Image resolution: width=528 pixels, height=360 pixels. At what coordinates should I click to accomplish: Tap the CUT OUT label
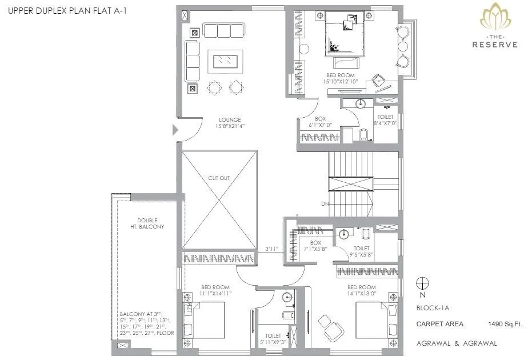click(218, 178)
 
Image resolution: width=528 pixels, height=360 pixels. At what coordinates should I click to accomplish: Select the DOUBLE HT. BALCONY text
click(150, 223)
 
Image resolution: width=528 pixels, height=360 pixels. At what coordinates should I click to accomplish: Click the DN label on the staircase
click(324, 204)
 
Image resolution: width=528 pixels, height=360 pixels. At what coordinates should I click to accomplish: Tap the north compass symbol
click(422, 283)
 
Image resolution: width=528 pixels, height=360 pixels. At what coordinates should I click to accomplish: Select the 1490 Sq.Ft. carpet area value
click(506, 324)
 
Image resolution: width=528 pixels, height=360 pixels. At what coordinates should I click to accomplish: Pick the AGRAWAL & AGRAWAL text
click(457, 343)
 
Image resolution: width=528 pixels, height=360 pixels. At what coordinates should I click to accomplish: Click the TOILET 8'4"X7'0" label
click(385, 120)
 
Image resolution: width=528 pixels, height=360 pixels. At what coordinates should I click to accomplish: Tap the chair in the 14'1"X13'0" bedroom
click(329, 324)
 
